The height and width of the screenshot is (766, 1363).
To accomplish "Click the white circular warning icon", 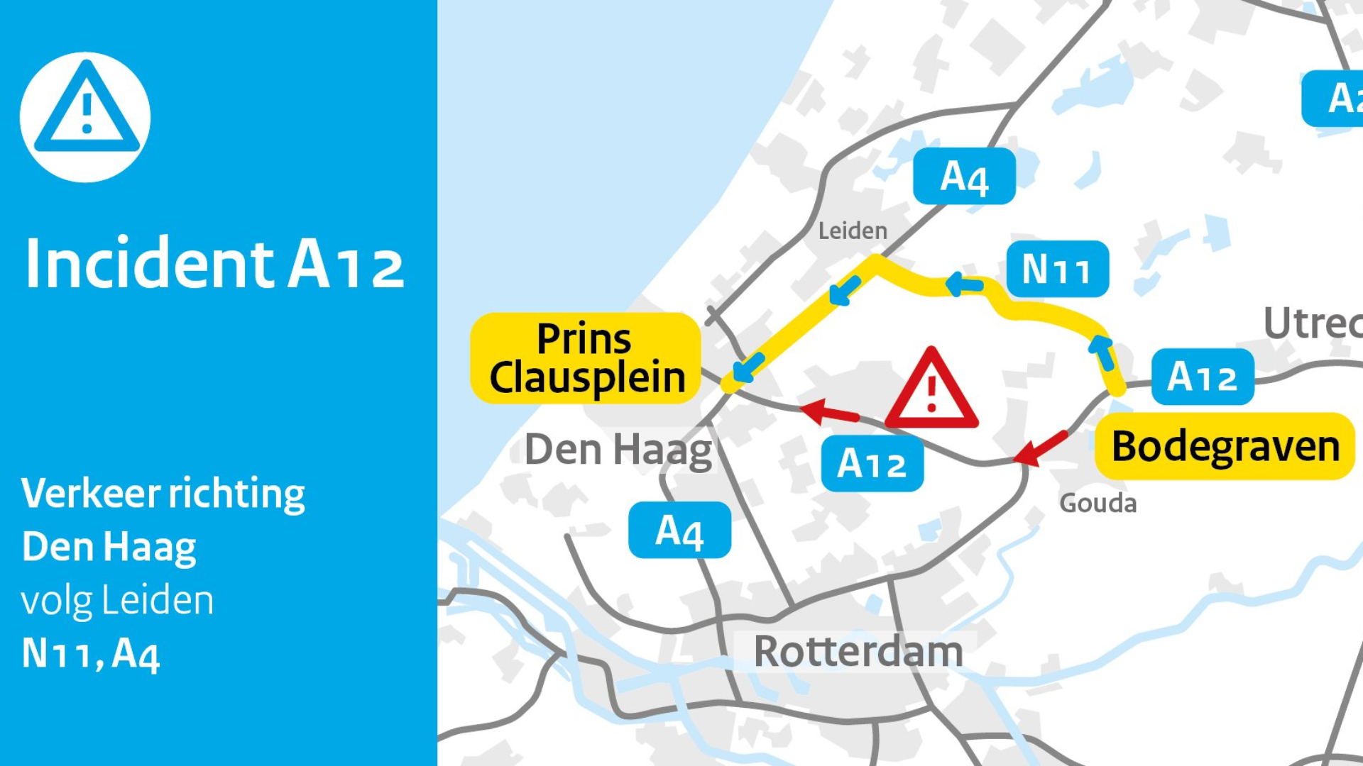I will [x=85, y=117].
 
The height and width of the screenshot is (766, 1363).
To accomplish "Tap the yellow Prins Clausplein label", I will [x=586, y=358].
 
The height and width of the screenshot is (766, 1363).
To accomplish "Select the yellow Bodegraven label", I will [x=1225, y=446].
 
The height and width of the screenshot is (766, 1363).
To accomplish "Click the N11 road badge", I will [x=1057, y=270].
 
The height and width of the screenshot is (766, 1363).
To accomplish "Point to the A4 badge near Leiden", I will [x=964, y=177].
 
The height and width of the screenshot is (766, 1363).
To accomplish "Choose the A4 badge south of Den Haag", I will [x=679, y=531].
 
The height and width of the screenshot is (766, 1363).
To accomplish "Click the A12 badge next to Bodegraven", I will [x=1203, y=377].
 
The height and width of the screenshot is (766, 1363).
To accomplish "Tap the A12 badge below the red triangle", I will [x=872, y=464].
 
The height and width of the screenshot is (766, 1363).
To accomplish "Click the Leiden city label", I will [x=853, y=231].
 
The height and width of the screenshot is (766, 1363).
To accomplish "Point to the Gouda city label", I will [x=1097, y=503].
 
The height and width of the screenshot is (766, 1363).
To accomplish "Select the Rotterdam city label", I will [x=858, y=651].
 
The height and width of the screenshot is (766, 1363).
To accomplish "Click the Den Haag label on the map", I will [x=618, y=450].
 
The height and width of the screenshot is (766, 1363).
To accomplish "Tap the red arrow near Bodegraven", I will [x=1040, y=448].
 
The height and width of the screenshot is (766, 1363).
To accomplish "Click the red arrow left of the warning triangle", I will [x=828, y=412].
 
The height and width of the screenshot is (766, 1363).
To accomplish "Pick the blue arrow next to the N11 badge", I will [x=964, y=284].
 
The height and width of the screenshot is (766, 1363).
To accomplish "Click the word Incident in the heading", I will [x=149, y=264].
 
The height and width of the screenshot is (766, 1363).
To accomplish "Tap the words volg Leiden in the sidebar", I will [x=117, y=601].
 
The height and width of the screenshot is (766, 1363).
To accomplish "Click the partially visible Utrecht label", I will [x=1313, y=323].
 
